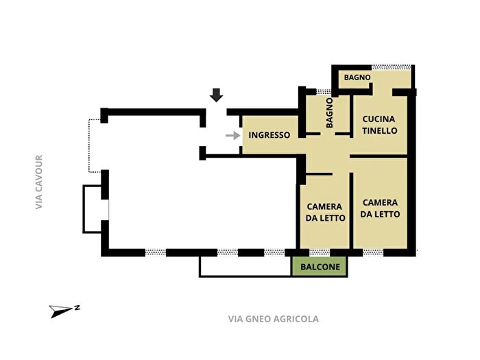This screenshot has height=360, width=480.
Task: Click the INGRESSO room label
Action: click(269, 135)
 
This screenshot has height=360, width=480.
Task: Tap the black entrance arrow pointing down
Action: click(217, 95)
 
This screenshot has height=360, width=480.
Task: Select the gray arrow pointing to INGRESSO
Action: click(232, 135)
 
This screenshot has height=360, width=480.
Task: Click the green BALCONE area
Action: click(320, 267)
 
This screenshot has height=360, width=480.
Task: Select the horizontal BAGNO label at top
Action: click(357, 77)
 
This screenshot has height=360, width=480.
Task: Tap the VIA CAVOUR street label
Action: click(39, 182)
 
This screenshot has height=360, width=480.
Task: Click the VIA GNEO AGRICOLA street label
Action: click(273, 319)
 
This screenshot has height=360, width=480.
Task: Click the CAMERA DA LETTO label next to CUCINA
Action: click(380, 208)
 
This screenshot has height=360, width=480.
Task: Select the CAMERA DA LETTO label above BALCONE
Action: click(324, 212)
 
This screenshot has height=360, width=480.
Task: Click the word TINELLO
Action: click(379, 130)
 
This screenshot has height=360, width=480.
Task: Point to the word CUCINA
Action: click(379, 119)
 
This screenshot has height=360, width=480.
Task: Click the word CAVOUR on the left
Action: click(39, 173)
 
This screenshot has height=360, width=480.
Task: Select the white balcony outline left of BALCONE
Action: click(245, 267)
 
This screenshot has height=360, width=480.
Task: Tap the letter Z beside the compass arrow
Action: click(77, 308)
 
